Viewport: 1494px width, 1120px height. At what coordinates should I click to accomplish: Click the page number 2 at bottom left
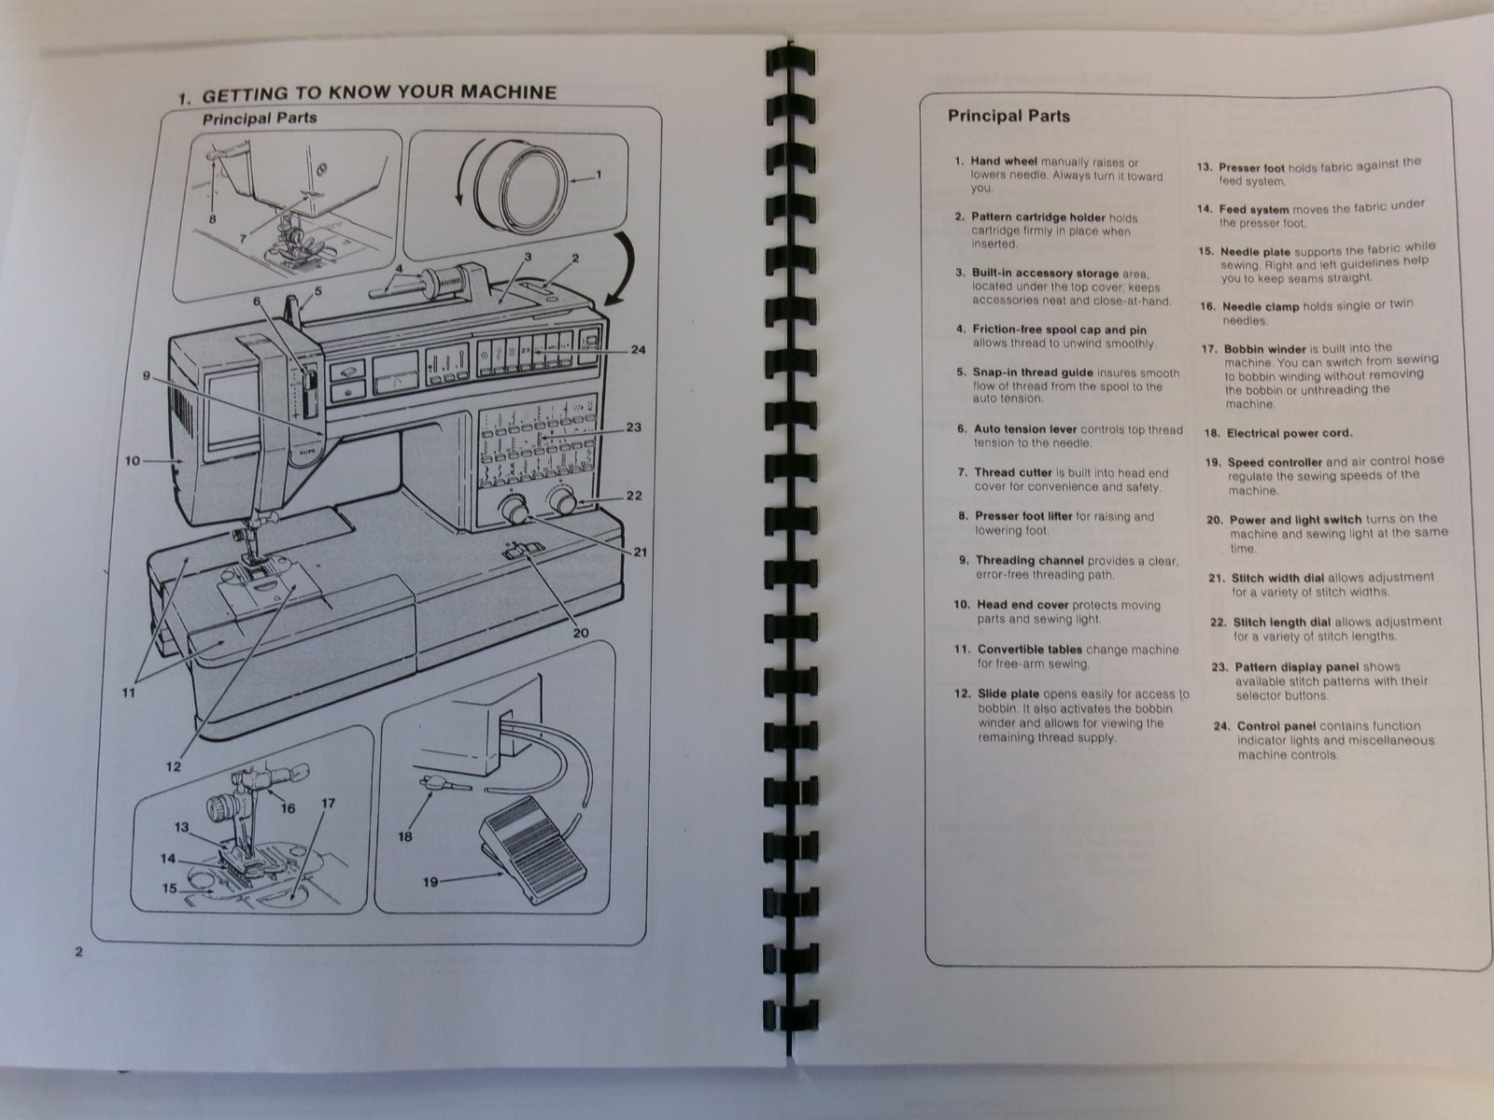click(79, 952)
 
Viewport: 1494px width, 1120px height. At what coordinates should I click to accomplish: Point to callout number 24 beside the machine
click(638, 351)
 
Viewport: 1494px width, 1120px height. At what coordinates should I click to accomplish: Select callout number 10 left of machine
click(132, 460)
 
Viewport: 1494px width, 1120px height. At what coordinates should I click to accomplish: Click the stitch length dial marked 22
click(563, 503)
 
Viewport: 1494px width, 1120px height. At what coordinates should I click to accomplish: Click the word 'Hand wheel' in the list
click(1003, 161)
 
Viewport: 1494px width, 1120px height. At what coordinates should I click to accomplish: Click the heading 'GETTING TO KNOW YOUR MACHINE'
click(379, 93)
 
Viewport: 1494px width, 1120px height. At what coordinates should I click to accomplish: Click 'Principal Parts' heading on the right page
click(1008, 117)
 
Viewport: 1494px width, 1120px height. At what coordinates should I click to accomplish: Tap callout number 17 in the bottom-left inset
click(328, 803)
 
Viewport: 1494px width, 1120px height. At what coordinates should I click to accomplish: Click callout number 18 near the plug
click(404, 836)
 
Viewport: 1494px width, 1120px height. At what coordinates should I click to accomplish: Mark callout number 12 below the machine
click(175, 767)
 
